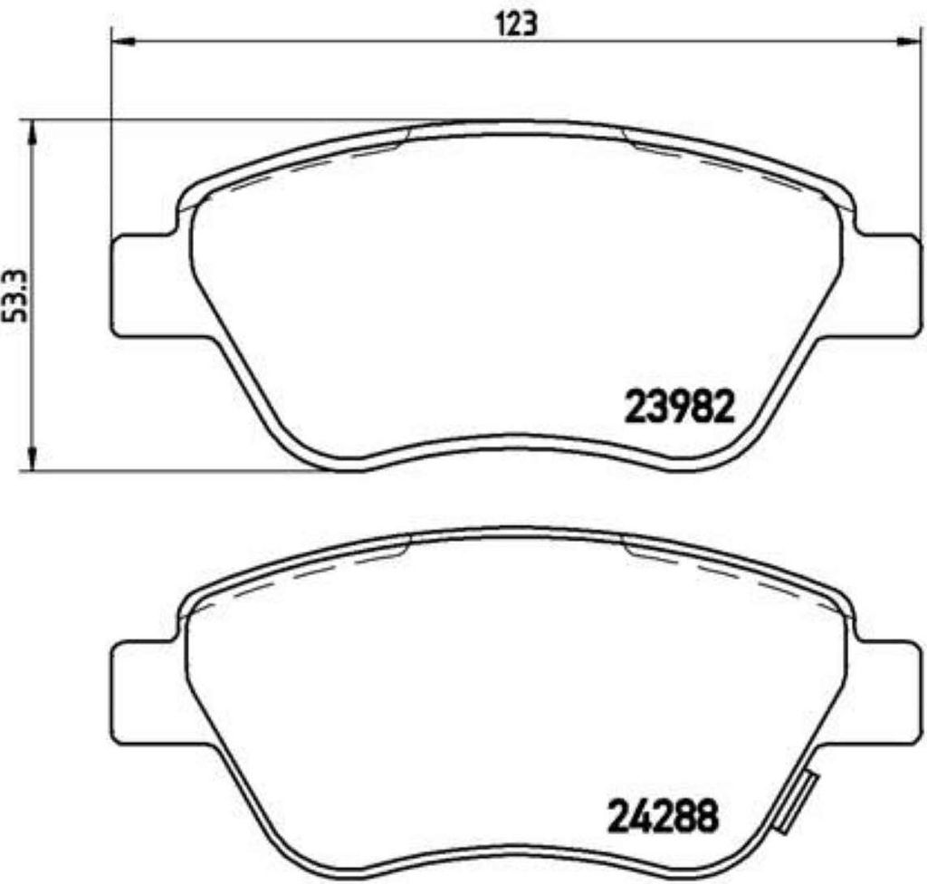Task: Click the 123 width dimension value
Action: tap(515, 25)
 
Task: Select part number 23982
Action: tap(679, 407)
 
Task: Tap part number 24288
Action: tap(664, 816)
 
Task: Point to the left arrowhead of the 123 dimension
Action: tap(120, 42)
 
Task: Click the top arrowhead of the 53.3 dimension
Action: tap(33, 132)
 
